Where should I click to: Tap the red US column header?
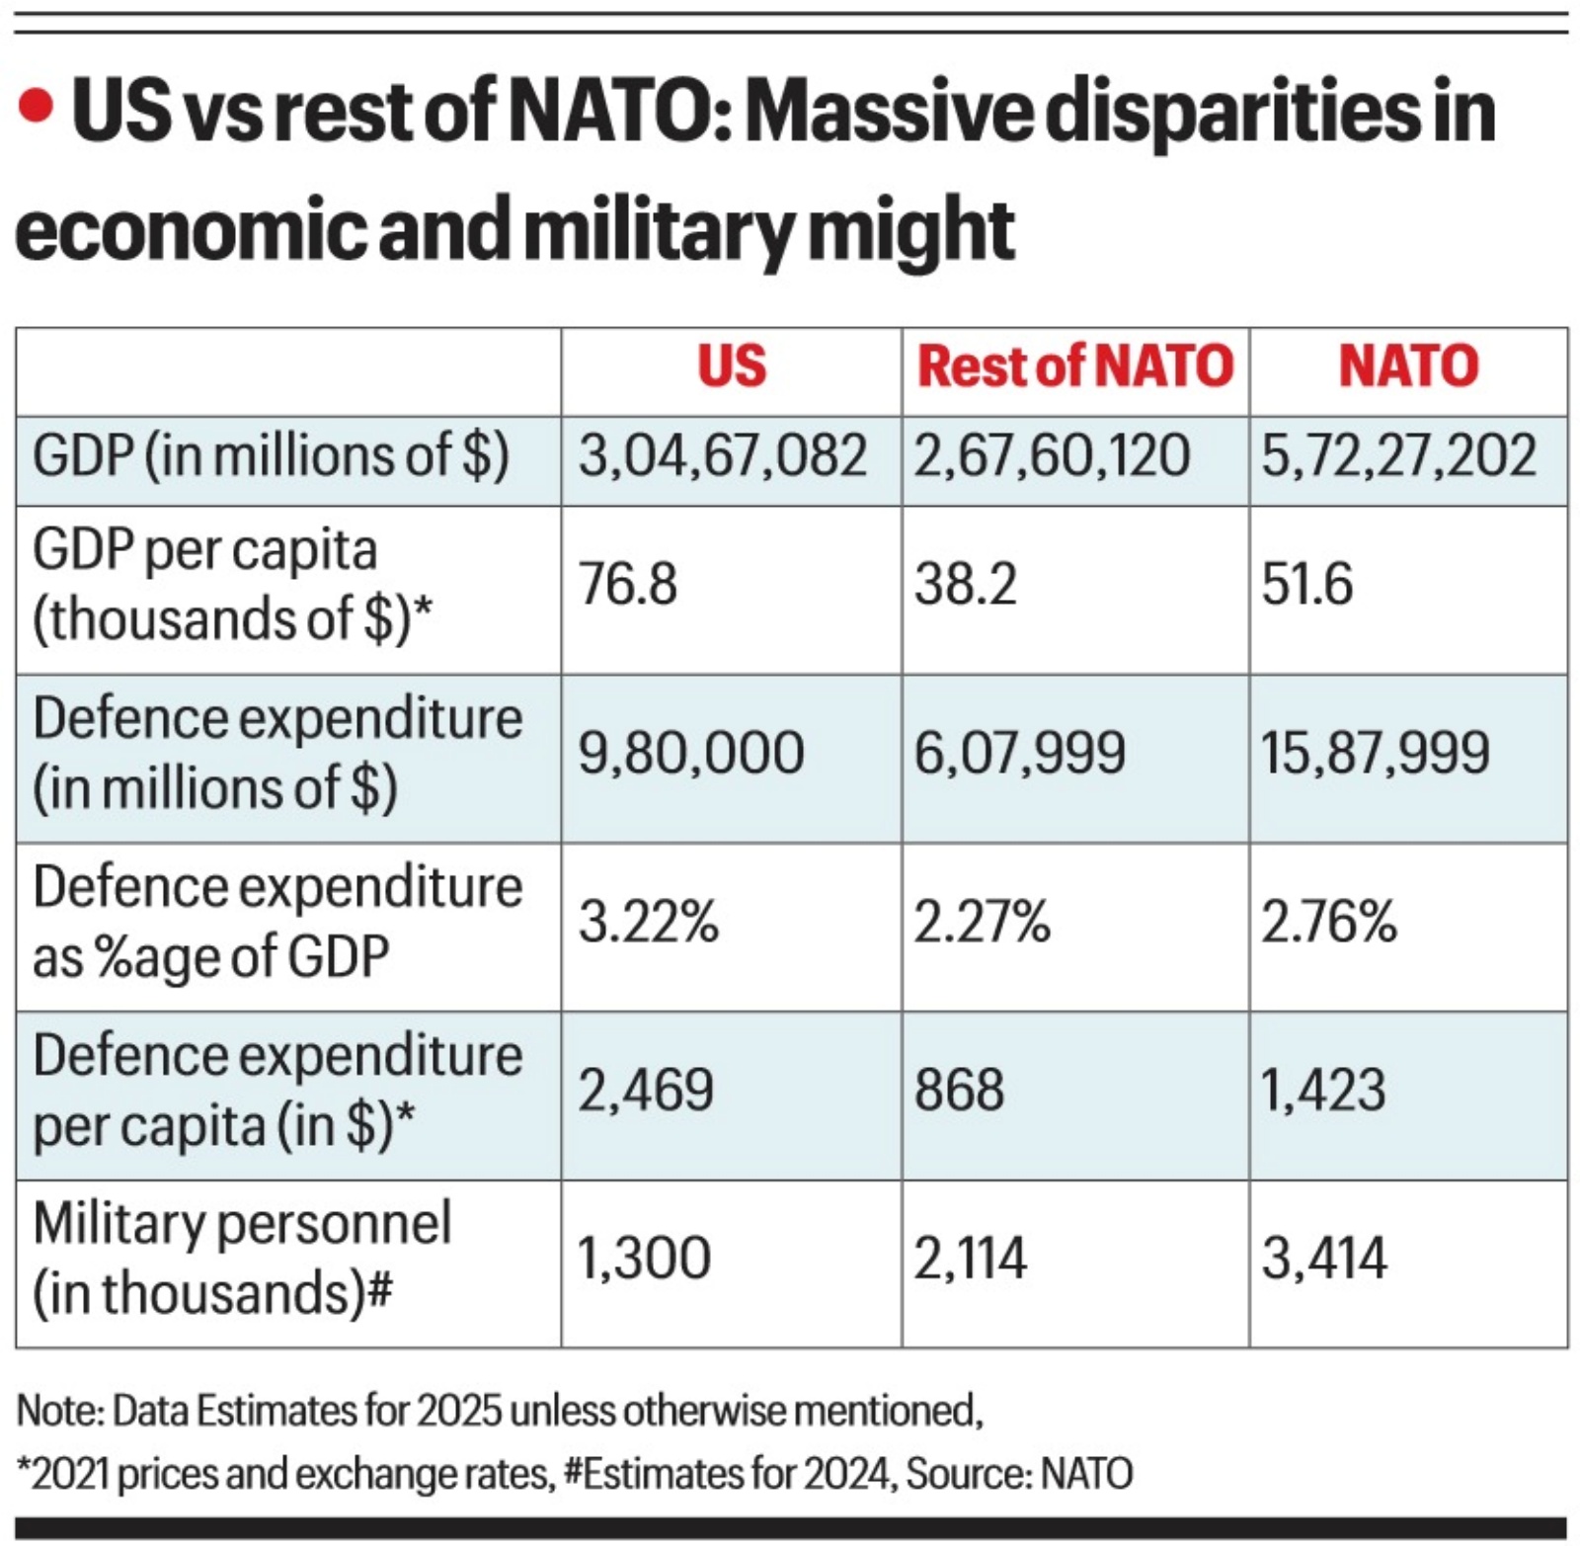pos(731,366)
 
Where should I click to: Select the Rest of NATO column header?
pos(1074,366)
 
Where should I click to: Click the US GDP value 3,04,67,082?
pos(722,456)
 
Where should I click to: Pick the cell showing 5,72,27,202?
pos(1398,456)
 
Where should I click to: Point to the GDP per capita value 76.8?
pos(628,584)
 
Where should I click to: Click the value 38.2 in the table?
pos(965,584)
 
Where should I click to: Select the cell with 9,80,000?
pos(691,754)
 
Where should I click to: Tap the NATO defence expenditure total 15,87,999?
pos(1375,754)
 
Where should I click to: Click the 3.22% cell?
pos(648,923)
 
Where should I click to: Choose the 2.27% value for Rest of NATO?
pos(981,923)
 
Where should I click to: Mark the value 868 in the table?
pos(959,1091)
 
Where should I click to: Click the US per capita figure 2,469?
pos(646,1091)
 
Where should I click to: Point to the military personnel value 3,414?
pos(1324,1260)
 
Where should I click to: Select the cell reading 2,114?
pos(970,1260)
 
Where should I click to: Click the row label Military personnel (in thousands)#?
pos(242,1259)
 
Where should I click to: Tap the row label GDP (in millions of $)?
pos(271,456)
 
